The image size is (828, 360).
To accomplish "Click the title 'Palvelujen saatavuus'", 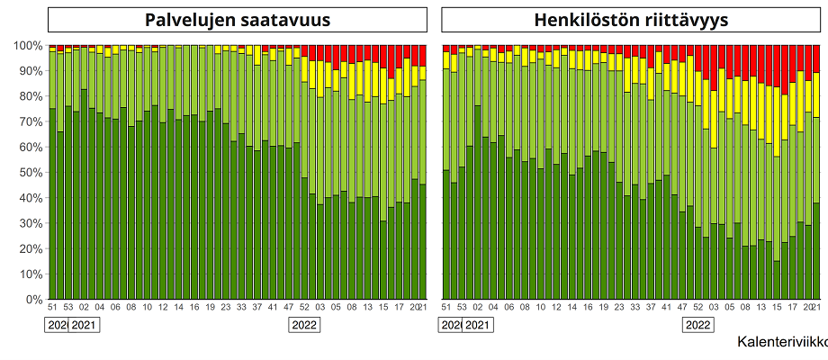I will tap(238, 21).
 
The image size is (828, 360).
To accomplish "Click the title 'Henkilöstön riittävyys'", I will tap(631, 21).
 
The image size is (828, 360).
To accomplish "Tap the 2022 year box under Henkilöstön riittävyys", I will tap(698, 325).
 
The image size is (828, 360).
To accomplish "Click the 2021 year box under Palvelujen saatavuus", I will tap(84, 325).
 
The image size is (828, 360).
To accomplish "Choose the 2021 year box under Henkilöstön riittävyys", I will tap(477, 325).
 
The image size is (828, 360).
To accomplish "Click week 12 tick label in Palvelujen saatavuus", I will tap(163, 307).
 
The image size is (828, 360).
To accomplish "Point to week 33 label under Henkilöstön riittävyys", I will tap(635, 307).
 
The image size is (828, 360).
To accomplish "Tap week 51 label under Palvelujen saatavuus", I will tap(52, 307).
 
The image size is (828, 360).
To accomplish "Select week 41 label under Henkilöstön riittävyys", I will tap(667, 307).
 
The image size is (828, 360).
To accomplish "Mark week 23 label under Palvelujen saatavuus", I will tap(226, 307).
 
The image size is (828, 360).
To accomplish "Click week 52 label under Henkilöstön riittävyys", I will tap(698, 307).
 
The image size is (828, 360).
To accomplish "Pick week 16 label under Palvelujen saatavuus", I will tap(194, 307).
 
